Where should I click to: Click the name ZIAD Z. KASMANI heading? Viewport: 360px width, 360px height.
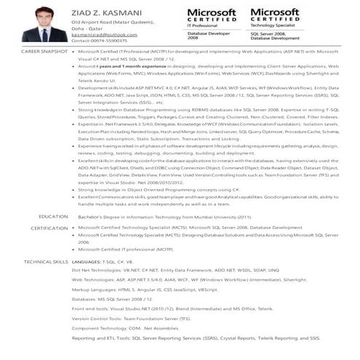[107, 14]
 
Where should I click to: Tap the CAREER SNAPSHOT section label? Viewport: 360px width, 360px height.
[44, 52]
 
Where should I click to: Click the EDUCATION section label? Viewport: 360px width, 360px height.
[53, 217]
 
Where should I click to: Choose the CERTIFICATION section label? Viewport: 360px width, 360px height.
[49, 228]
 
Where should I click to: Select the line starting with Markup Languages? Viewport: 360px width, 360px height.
[145, 289]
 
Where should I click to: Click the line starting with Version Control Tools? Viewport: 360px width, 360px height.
[131, 319]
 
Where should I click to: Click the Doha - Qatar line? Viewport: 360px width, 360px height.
[87, 28]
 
